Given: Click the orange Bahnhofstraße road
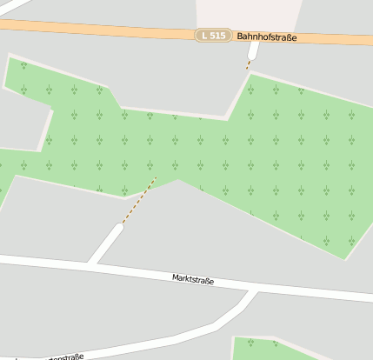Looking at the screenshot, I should [x=104, y=30].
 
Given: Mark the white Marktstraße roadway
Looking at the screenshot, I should [x=304, y=290].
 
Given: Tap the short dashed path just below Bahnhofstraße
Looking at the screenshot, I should [x=249, y=63].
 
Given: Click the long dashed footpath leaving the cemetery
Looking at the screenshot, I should [x=139, y=201].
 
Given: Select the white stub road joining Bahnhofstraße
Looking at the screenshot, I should [x=253, y=51].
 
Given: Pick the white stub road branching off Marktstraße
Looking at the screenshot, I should [x=105, y=244].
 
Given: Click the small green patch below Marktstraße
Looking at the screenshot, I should [x=261, y=349].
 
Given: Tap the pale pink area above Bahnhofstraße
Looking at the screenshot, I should [x=248, y=13].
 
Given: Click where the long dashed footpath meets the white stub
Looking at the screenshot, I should [x=121, y=225].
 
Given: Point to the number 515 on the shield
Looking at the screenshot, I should [x=216, y=36].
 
